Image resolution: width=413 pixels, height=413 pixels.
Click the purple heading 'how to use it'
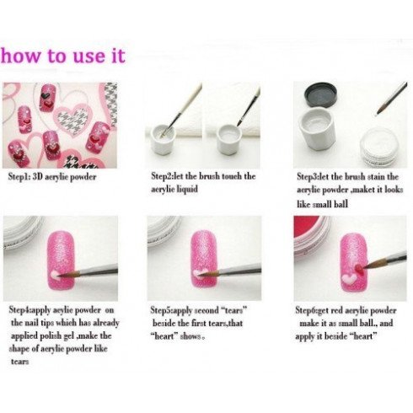(x=62, y=56)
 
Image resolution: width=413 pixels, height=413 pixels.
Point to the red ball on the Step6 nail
(x=359, y=269)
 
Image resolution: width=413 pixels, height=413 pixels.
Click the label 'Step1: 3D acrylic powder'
(x=52, y=177)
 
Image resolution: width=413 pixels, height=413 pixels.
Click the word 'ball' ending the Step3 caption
(x=341, y=204)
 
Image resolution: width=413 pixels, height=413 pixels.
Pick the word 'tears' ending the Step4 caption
(x=19, y=362)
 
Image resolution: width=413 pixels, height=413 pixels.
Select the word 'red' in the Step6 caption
(x=337, y=311)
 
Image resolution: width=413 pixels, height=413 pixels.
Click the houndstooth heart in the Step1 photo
(x=72, y=119)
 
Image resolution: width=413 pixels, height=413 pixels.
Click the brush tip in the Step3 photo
(x=378, y=112)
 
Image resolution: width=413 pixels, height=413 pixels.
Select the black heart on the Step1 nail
(x=46, y=94)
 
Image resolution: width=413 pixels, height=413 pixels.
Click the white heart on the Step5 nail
(x=200, y=273)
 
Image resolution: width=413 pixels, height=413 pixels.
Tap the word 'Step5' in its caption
(x=161, y=310)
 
